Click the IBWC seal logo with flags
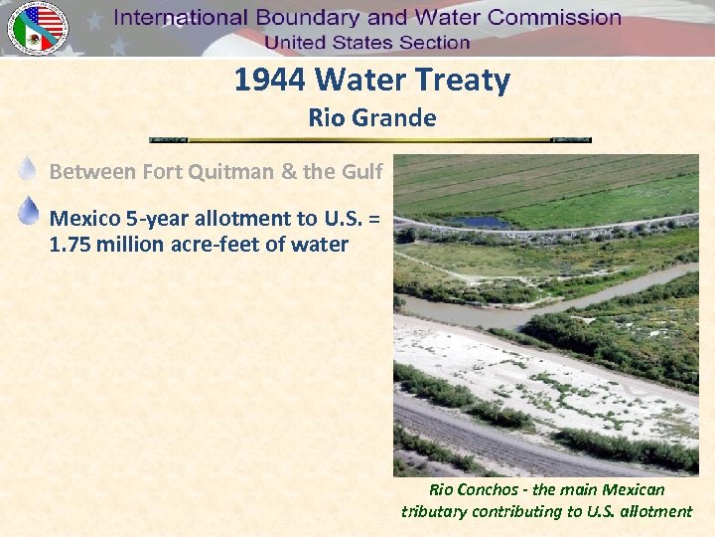tap(38, 28)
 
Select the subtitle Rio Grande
tap(372, 118)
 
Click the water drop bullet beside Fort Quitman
tap(29, 170)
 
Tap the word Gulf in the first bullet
tap(361, 172)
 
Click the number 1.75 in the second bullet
tap(71, 244)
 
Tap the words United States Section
tap(366, 43)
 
